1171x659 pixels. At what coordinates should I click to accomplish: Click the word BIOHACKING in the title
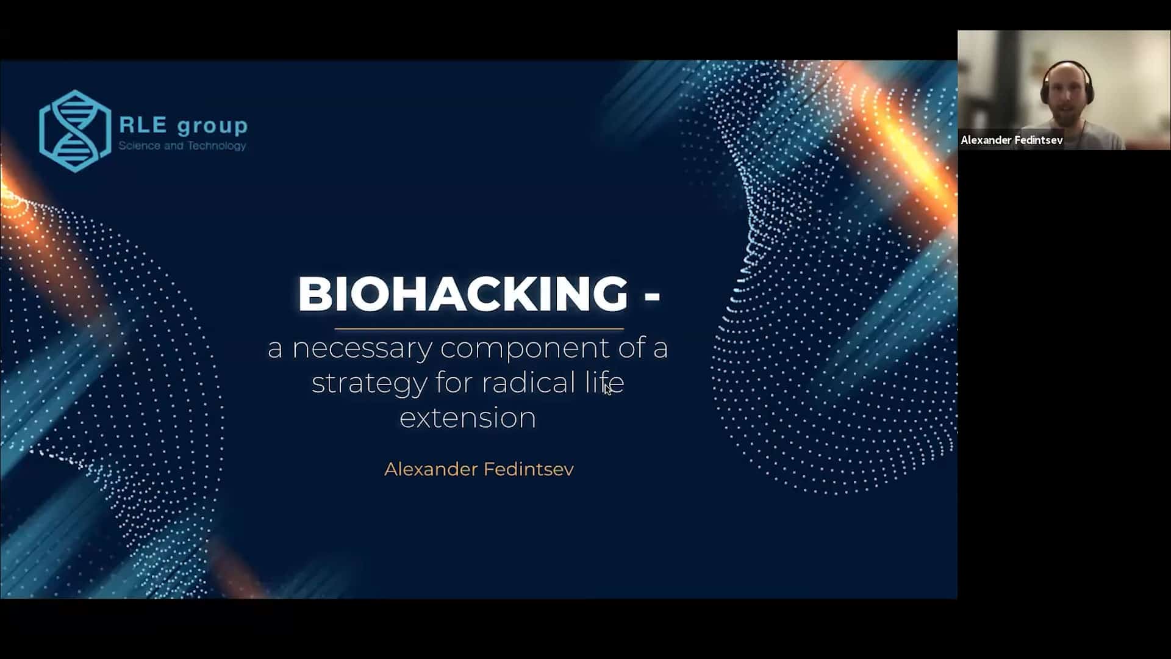pos(463,293)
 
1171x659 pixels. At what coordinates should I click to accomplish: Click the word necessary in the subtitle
pos(363,349)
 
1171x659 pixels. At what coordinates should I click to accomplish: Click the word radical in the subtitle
pos(529,383)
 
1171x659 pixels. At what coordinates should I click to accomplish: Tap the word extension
pos(468,418)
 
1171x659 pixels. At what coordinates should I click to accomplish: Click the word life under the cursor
pos(604,383)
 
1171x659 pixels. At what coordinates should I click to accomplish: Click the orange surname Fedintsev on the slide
pos(529,469)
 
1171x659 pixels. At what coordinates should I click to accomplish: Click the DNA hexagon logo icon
pos(75,131)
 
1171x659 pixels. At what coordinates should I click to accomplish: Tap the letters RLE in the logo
pos(143,124)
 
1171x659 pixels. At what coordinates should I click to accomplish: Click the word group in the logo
pos(212,127)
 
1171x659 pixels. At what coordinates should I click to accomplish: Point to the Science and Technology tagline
pos(182,145)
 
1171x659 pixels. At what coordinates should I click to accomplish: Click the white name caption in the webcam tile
pos(1012,140)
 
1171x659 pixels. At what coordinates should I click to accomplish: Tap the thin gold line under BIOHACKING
pos(479,329)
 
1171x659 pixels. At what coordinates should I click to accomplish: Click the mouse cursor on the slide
pos(607,389)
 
